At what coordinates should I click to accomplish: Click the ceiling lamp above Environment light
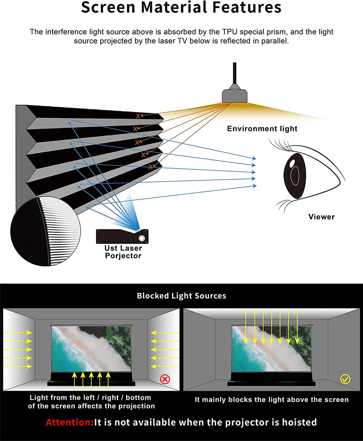point(234,96)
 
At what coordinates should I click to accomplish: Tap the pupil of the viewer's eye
point(295,175)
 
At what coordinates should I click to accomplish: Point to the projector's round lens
point(142,238)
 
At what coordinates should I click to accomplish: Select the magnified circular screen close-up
point(45,231)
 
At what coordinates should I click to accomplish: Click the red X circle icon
point(165,379)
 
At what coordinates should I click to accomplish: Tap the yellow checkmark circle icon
point(345,379)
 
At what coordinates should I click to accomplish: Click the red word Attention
point(70,422)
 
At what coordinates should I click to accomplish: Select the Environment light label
point(262,129)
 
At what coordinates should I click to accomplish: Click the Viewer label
point(321,217)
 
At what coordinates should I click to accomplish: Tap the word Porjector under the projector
point(123,256)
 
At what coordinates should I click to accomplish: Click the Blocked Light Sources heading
point(181,296)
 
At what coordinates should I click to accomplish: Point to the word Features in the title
point(247,8)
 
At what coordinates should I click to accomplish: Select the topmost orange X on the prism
point(138,116)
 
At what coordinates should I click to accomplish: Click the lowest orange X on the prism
point(151,167)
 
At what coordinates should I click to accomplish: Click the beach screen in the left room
point(91,349)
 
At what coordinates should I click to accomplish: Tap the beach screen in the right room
point(271,349)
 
